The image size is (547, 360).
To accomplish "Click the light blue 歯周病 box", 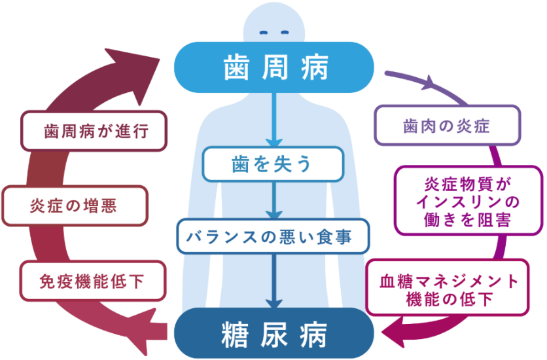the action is [x=274, y=67].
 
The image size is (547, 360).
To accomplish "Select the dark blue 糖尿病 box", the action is [x=274, y=333].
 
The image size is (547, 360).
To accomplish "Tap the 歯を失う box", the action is [x=273, y=164].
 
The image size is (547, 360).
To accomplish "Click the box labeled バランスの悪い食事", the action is [x=273, y=236].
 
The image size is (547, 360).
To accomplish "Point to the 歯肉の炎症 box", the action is [x=448, y=126].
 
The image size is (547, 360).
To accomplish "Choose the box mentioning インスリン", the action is [x=468, y=200].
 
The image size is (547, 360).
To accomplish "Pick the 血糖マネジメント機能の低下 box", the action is [x=448, y=287].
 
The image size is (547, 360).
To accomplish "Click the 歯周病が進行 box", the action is [x=94, y=131].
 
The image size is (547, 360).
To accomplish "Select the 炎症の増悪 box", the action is [x=75, y=206].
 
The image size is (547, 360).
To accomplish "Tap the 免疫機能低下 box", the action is [x=92, y=281].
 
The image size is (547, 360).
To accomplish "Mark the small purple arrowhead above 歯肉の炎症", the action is [x=429, y=83].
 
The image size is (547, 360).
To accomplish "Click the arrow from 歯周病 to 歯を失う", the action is [x=274, y=120].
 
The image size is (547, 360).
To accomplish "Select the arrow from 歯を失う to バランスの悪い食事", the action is [x=274, y=200].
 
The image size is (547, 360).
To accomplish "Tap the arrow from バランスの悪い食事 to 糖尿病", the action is [x=274, y=281].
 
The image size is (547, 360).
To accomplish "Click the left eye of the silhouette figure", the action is [x=264, y=33].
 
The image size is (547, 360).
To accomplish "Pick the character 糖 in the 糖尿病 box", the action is [x=235, y=335].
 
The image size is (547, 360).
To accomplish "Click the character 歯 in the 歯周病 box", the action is [x=236, y=67].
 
